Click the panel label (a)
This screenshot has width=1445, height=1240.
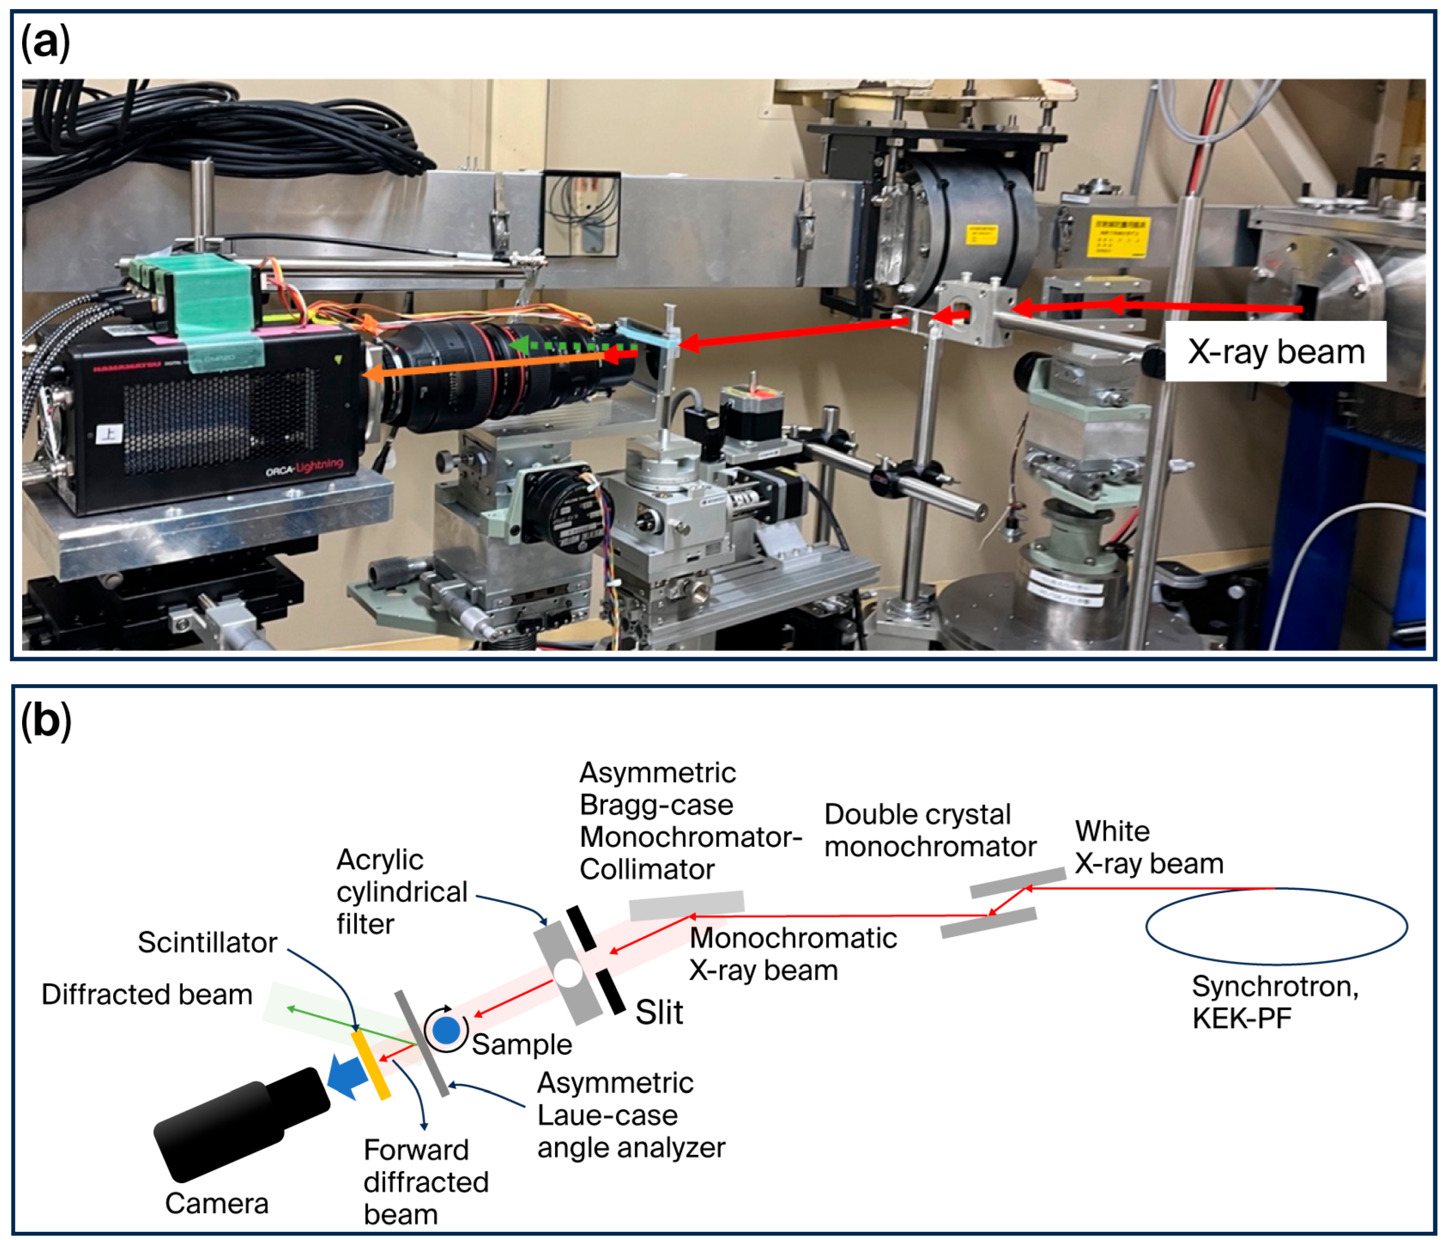pos(45,42)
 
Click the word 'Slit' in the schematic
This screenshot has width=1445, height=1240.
pos(659,1012)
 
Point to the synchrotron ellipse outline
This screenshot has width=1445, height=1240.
pos(1276,888)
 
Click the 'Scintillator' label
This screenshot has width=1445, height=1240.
pos(207,942)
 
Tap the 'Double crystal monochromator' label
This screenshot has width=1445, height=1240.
pos(930,830)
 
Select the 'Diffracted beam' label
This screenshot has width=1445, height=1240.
pos(146,994)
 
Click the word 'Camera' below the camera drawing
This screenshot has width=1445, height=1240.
pos(216,1204)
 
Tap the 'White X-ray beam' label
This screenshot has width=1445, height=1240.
pos(1149,847)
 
